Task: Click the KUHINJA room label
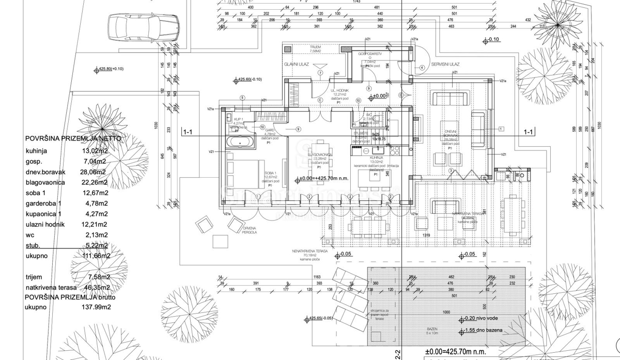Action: coord(376,156)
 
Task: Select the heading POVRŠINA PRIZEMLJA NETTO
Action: coord(74,139)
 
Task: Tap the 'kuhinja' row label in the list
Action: coord(36,151)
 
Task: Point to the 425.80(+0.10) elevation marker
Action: coord(111,69)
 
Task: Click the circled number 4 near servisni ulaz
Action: coord(422,68)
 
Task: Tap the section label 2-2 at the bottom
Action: coord(398,355)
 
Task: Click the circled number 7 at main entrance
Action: coord(320,73)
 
